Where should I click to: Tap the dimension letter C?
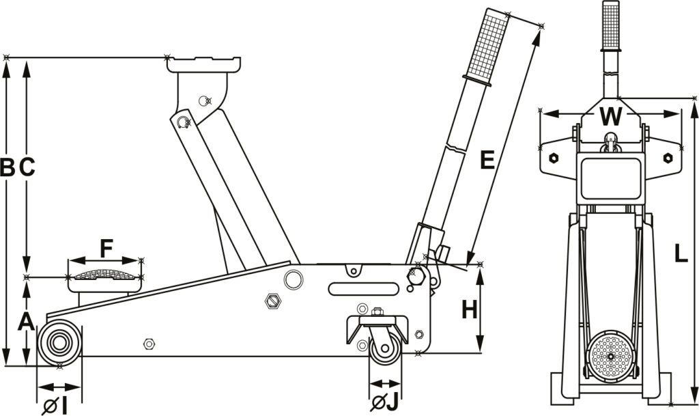click(27, 167)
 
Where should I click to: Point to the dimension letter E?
click(487, 161)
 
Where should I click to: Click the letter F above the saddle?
click(106, 248)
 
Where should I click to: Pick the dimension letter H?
click(469, 310)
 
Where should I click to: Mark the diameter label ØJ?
click(384, 403)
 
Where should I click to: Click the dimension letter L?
click(681, 254)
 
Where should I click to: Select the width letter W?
click(611, 117)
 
